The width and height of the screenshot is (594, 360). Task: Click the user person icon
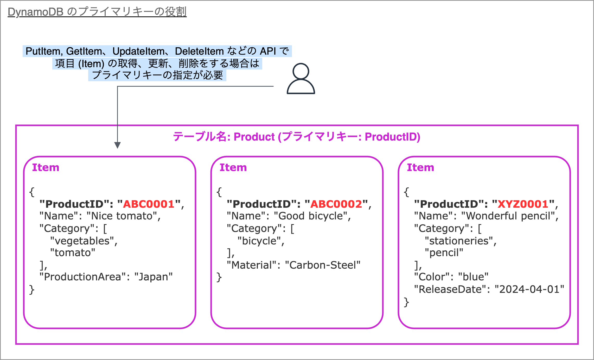[301, 78]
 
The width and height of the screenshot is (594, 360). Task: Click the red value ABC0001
[149, 204]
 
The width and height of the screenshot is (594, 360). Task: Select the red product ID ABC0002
[336, 204]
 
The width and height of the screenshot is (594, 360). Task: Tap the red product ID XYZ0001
[523, 204]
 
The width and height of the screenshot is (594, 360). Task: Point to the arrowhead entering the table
[118, 145]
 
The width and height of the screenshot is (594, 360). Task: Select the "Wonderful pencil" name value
[508, 216]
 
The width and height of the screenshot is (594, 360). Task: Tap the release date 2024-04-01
[529, 289]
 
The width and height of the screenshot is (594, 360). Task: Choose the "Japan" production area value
[154, 277]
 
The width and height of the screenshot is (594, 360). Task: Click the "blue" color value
[473, 277]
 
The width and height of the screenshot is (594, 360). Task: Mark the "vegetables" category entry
[82, 241]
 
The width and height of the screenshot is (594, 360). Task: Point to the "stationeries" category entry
[459, 241]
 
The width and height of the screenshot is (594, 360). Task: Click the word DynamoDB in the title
[36, 12]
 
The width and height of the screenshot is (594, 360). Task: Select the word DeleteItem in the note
[199, 51]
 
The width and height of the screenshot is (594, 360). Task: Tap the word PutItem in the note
[43, 51]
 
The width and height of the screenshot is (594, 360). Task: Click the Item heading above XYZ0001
[420, 167]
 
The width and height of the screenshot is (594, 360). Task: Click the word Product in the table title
[254, 137]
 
